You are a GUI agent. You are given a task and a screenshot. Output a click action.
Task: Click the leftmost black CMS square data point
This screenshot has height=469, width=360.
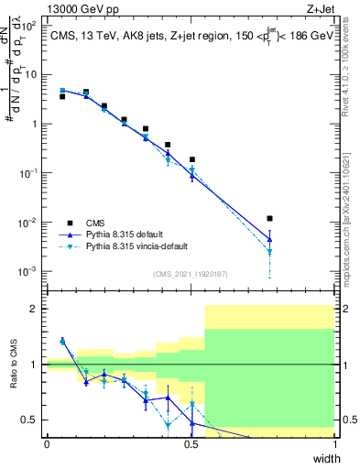coord(62,96)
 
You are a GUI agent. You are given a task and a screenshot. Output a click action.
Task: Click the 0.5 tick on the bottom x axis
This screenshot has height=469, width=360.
coord(191,444)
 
